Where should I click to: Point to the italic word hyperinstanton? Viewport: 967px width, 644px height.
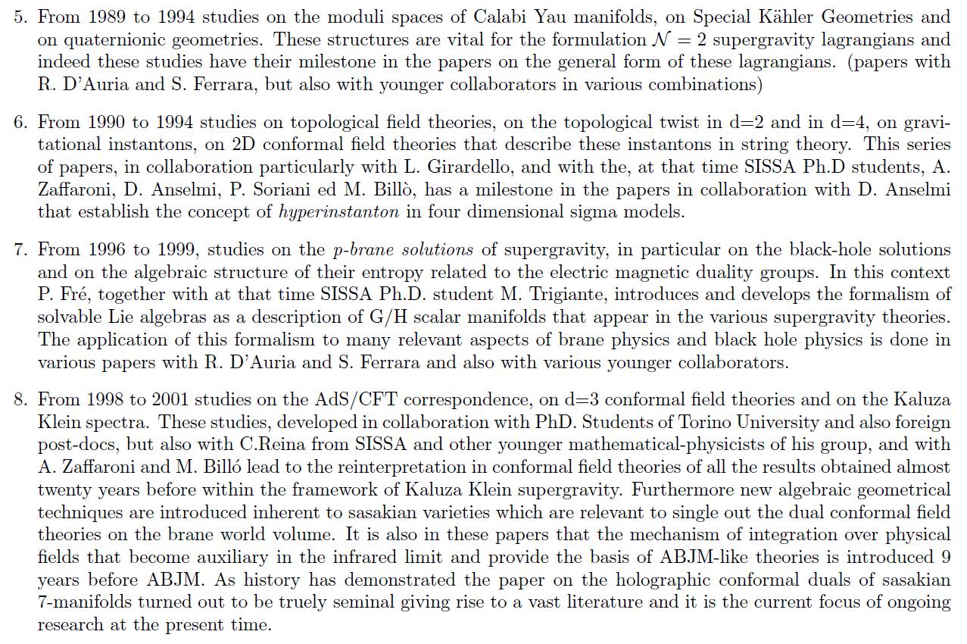[x=338, y=212]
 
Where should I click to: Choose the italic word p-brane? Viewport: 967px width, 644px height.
[x=366, y=249]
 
